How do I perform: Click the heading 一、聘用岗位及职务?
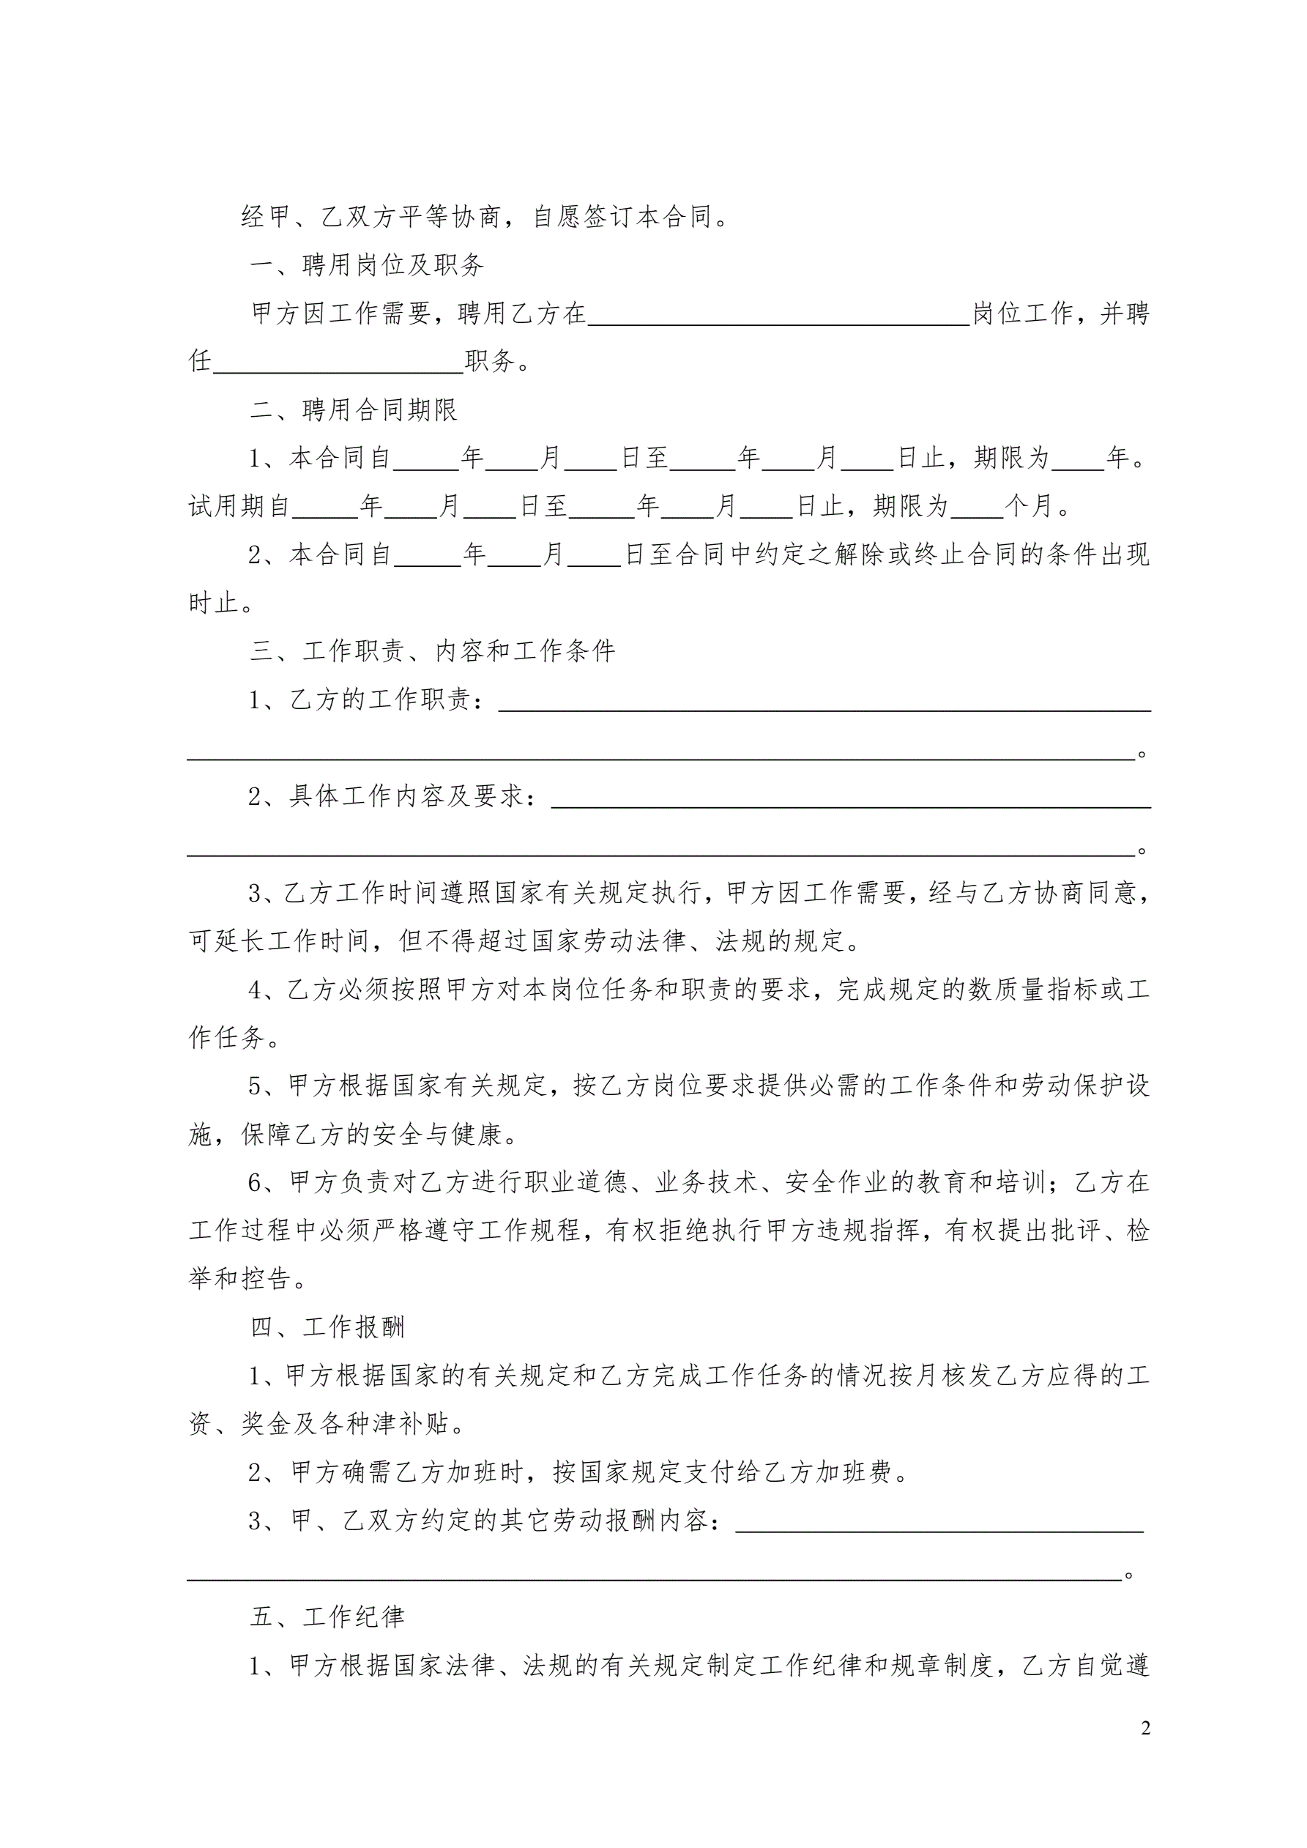click(367, 265)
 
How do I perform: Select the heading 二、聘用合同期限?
click(354, 409)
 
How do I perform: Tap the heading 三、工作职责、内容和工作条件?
click(432, 650)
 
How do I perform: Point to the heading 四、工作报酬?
click(327, 1326)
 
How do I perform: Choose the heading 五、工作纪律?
click(327, 1617)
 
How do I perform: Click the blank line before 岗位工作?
click(778, 316)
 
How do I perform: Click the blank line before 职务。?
click(338, 364)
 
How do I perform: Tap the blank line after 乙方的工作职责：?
click(824, 702)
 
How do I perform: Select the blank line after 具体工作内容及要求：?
click(850, 798)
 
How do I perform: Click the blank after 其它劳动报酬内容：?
click(939, 1523)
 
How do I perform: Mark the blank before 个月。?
click(976, 508)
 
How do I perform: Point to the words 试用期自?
click(239, 506)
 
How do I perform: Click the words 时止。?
click(220, 603)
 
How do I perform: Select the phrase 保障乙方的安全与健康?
click(380, 1134)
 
